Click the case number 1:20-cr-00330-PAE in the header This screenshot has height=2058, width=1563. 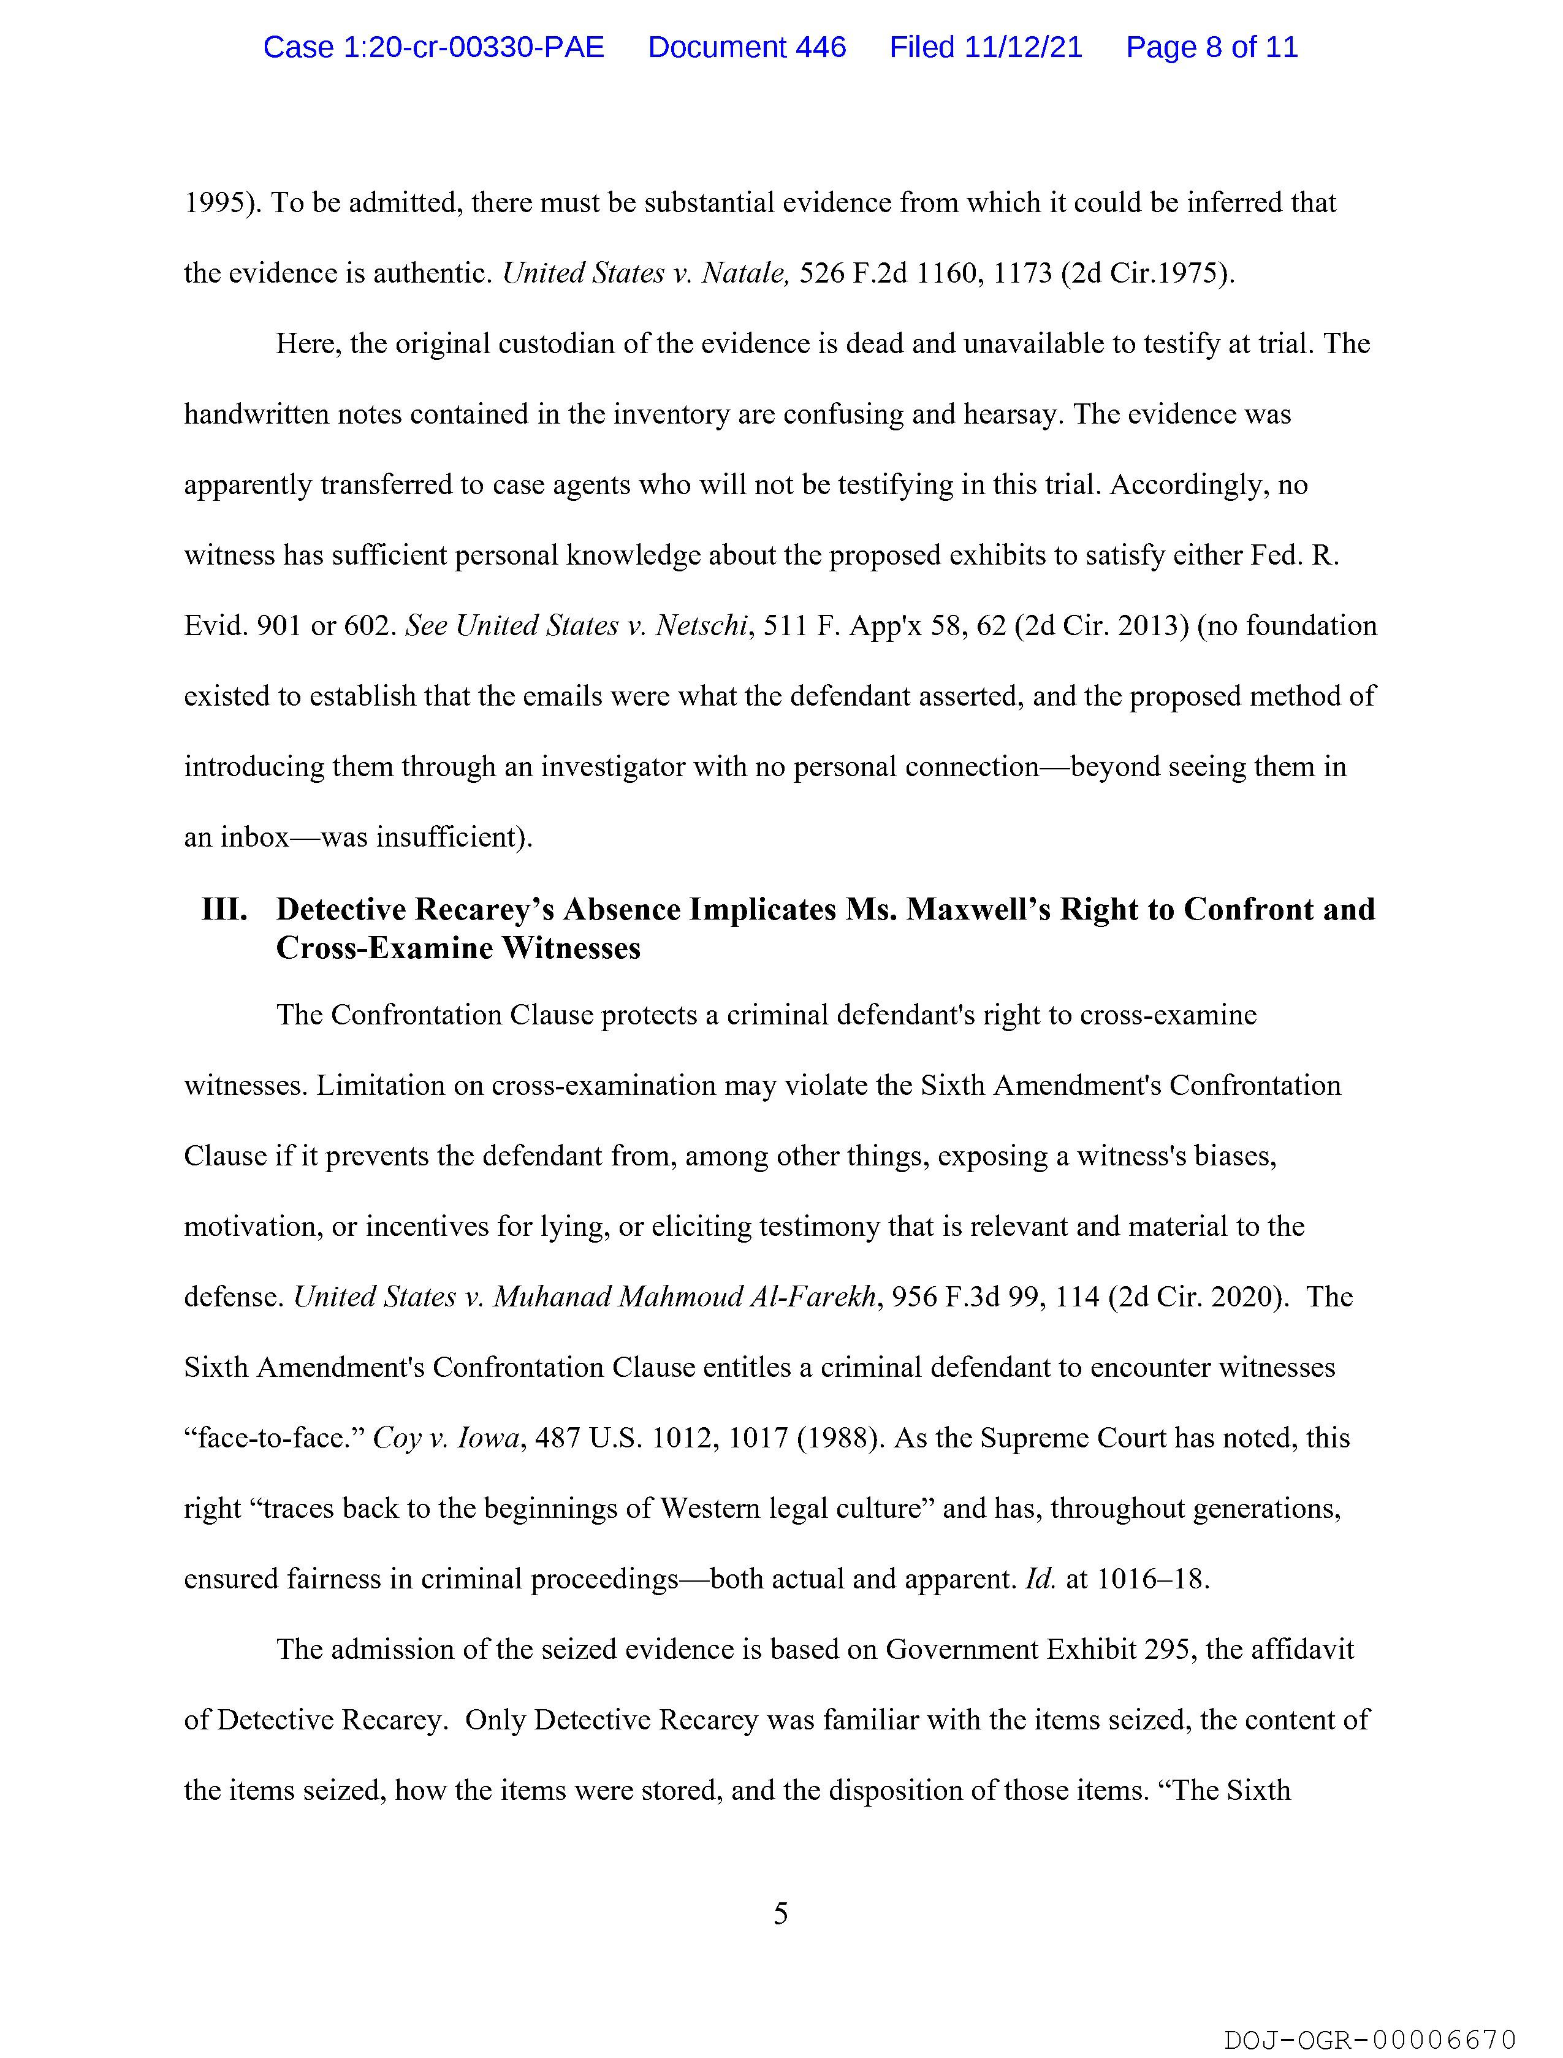point(433,47)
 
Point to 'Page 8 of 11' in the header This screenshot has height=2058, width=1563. point(1211,47)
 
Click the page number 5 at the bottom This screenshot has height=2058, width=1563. point(780,1914)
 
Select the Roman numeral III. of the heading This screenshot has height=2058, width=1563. point(224,909)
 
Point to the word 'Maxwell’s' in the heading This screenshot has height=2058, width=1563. point(976,909)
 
